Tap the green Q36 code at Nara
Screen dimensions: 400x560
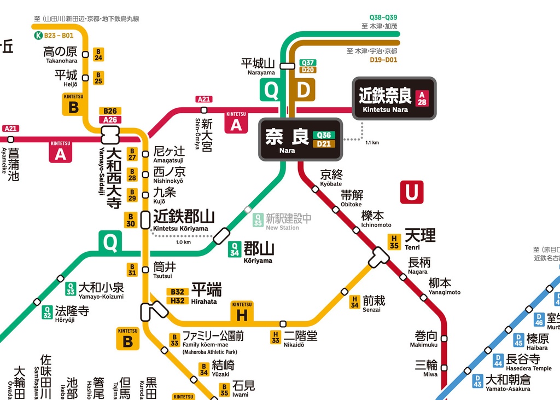point(323,135)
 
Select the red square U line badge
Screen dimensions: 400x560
point(411,192)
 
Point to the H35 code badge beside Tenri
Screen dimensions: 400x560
point(394,242)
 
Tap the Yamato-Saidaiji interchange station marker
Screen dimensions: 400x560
point(110,133)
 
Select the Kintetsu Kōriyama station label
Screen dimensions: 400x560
point(183,219)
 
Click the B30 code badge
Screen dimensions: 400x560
point(130,220)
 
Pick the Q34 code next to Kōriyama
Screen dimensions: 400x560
point(235,250)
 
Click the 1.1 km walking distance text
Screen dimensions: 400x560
point(372,143)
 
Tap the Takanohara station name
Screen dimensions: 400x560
point(60,54)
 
